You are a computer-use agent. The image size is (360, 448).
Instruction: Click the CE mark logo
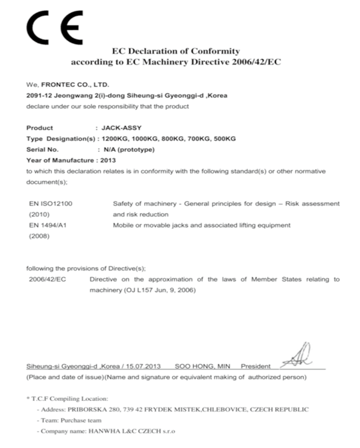tap(55, 28)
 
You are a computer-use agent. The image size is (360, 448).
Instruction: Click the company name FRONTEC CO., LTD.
tap(75, 85)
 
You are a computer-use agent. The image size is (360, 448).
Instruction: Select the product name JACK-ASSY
tap(121, 128)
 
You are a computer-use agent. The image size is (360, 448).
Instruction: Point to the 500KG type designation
tap(225, 139)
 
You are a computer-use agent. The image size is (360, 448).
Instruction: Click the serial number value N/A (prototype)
tap(129, 149)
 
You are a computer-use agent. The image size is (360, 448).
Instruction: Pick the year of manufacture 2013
tap(108, 160)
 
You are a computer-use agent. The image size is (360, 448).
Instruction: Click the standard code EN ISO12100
tap(51, 204)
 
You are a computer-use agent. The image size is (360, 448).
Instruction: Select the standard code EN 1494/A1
tap(48, 225)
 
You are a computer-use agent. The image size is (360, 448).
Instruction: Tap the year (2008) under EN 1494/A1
tap(39, 236)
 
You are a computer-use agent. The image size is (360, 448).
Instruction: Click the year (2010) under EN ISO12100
tap(39, 215)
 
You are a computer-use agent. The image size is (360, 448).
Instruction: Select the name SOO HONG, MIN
tap(202, 366)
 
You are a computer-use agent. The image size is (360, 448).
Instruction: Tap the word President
tap(256, 366)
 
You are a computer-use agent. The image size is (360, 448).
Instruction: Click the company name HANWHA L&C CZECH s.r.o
tap(131, 431)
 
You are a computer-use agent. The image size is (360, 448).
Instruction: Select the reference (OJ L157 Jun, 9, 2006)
tap(159, 290)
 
